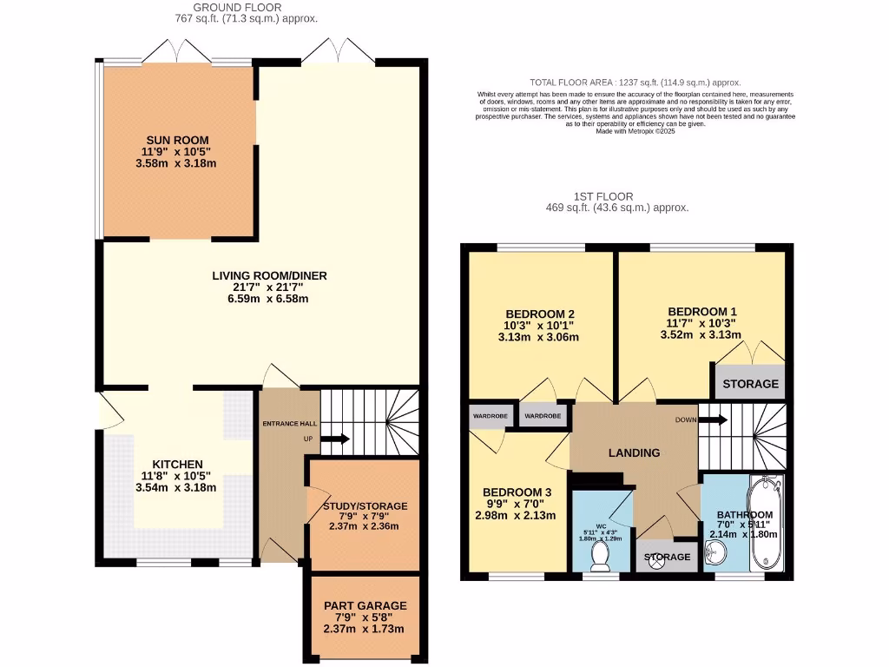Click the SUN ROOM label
pos(176,140)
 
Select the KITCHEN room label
pos(177,465)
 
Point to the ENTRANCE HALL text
pos(290,423)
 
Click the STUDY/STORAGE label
pos(365,505)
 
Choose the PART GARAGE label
pos(365,605)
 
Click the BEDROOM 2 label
pos(540,314)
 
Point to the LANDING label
pos(634,452)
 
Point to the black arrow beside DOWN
pos(714,420)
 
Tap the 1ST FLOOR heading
pos(603,196)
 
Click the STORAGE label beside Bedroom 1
pos(751,383)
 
